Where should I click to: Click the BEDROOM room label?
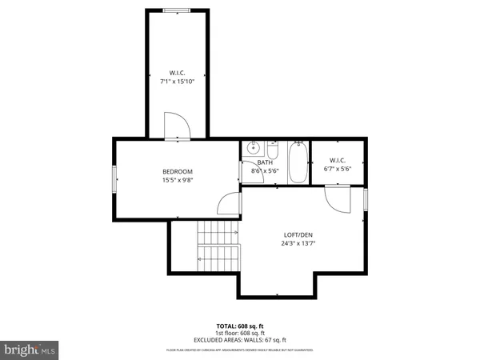[x=178, y=171]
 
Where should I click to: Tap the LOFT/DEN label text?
[x=298, y=235]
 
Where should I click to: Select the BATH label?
[x=265, y=162]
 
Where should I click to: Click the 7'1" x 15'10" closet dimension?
[x=176, y=80]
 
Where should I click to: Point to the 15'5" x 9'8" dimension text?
[x=178, y=180]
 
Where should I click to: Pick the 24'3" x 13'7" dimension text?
[x=298, y=244]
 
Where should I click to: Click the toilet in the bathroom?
[x=273, y=150]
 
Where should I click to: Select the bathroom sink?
[x=254, y=148]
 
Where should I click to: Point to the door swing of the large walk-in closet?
[x=175, y=126]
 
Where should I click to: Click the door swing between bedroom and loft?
[x=230, y=204]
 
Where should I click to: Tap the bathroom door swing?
[x=248, y=174]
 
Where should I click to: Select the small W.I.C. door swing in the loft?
[x=337, y=198]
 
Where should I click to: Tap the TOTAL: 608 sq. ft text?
[x=239, y=326]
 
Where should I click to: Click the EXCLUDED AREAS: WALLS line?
[x=239, y=339]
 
